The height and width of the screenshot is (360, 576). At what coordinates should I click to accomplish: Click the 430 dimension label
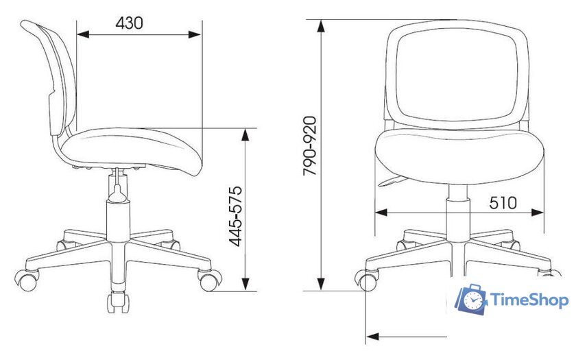pyautogui.click(x=129, y=23)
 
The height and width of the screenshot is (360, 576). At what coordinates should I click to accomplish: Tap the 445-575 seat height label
pyautogui.click(x=235, y=216)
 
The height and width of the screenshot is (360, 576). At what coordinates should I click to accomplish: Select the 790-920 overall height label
pyautogui.click(x=309, y=146)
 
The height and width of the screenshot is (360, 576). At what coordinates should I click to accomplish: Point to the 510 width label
pyautogui.click(x=503, y=203)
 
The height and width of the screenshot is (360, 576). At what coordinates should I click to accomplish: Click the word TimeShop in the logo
pyautogui.click(x=529, y=300)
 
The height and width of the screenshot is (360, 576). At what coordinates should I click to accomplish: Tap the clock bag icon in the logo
pyautogui.click(x=471, y=299)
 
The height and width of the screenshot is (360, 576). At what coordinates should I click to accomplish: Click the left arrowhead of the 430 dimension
pyautogui.click(x=83, y=35)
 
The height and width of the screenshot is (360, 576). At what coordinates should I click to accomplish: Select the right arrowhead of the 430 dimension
pyautogui.click(x=195, y=35)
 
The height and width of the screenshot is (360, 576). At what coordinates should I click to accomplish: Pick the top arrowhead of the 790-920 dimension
pyautogui.click(x=321, y=27)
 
